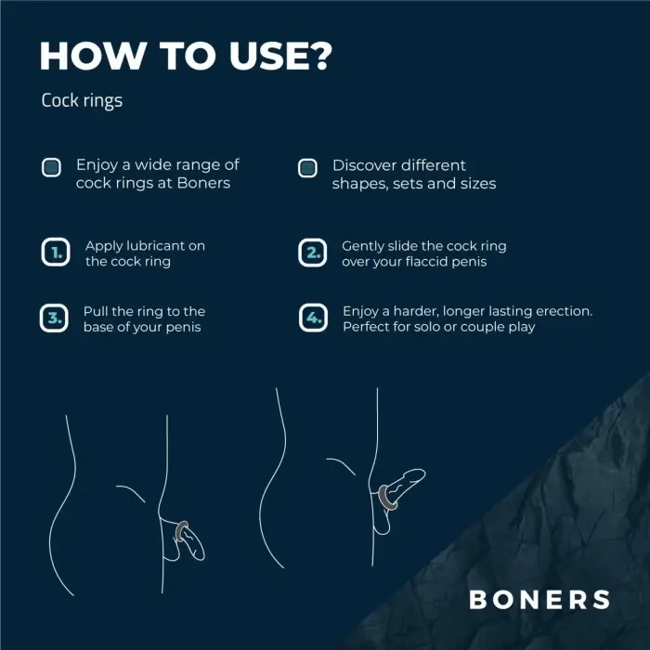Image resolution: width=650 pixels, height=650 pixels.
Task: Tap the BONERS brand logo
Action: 539,599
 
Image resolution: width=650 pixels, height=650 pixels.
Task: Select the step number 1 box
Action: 55,253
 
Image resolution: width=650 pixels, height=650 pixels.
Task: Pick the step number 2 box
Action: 312,253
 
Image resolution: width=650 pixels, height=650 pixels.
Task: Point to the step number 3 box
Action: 54,318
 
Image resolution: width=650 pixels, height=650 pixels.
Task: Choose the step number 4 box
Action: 312,318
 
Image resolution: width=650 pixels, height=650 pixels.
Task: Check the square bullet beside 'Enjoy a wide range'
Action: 52,167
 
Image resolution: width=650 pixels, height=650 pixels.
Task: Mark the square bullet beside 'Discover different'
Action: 308,167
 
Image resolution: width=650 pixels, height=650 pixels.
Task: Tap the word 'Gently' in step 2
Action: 364,246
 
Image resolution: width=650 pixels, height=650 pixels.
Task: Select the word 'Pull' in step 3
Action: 97,311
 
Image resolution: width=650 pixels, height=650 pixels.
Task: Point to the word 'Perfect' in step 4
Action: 368,327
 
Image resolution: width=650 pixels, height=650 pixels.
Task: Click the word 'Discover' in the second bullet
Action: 363,164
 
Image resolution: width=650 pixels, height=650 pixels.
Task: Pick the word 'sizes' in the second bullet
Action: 475,184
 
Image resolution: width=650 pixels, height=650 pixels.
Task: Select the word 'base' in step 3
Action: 99,327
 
